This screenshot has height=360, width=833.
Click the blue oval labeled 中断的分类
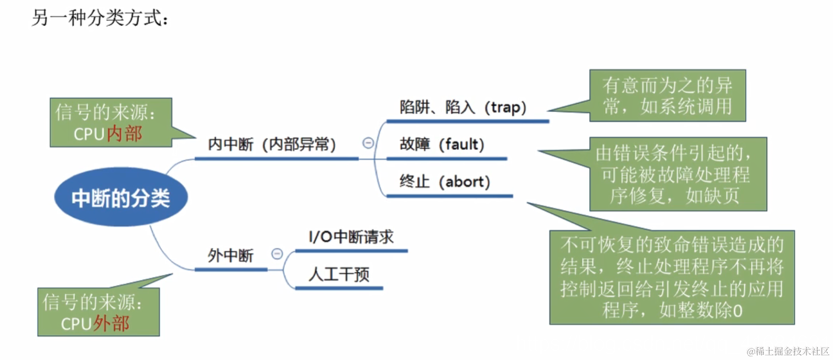[x=121, y=197]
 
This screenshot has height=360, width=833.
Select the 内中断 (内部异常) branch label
[x=272, y=144]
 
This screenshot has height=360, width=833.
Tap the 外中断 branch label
[x=230, y=256]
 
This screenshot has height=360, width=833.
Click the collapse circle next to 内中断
[x=368, y=143]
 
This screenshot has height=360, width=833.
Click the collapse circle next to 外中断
[x=277, y=254]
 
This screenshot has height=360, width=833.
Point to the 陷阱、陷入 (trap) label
[x=463, y=107]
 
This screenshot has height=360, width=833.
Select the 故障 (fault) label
[x=441, y=144]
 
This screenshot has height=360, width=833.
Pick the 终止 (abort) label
[x=445, y=182]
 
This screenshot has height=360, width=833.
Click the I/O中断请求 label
[x=351, y=237]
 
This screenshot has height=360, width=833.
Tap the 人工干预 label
[x=339, y=274]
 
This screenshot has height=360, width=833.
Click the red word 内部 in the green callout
[x=124, y=134]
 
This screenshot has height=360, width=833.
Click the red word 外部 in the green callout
[x=112, y=324]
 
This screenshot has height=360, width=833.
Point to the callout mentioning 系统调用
[x=667, y=96]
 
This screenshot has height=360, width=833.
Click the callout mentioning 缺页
[x=677, y=174]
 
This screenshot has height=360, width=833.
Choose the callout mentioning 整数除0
[x=672, y=278]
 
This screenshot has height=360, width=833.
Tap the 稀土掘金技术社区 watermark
[x=788, y=351]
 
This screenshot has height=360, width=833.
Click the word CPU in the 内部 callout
[x=89, y=134]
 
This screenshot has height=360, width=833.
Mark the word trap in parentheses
[x=505, y=107]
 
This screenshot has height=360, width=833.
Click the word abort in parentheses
[x=464, y=182]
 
